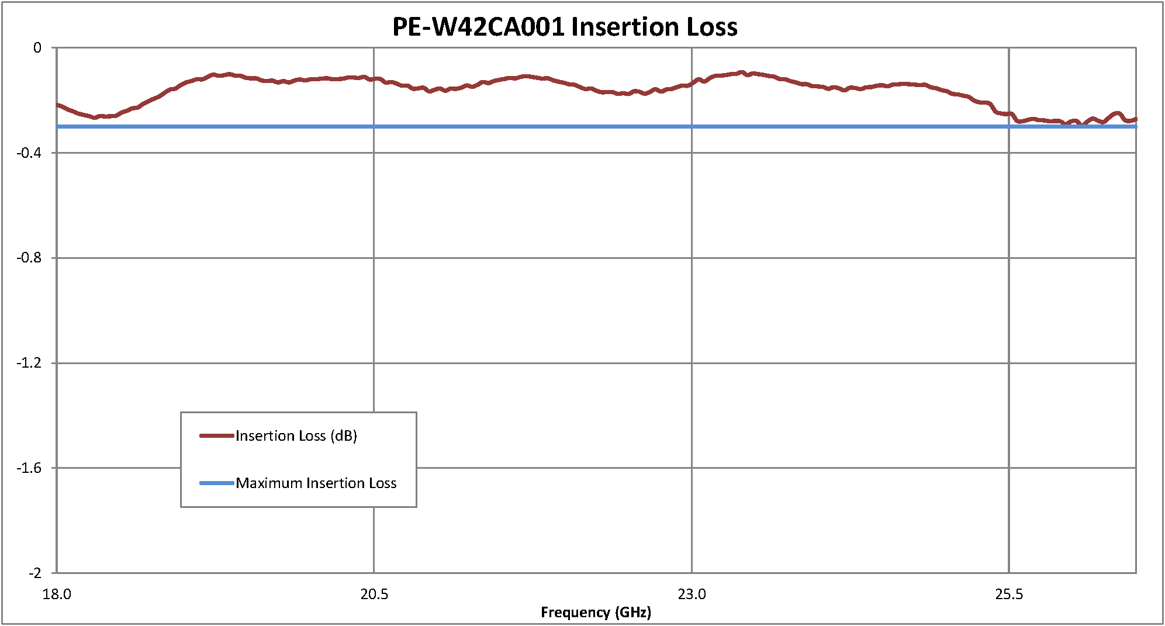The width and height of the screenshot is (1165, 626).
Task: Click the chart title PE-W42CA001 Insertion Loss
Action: pyautogui.click(x=565, y=27)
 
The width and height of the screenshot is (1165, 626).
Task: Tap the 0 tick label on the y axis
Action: pyautogui.click(x=37, y=48)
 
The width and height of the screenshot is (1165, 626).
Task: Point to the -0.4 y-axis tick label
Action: pyautogui.click(x=29, y=153)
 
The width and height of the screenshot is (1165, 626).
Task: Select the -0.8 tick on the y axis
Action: pyautogui.click(x=29, y=258)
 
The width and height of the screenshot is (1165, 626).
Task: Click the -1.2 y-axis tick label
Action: pyautogui.click(x=29, y=363)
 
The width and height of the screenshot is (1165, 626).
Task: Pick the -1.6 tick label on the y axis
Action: pyautogui.click(x=29, y=468)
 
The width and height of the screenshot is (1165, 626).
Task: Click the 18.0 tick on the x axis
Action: pyautogui.click(x=57, y=594)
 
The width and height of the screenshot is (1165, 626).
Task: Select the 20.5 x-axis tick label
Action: pyautogui.click(x=374, y=594)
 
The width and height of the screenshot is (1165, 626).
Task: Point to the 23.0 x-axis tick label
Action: pyautogui.click(x=692, y=594)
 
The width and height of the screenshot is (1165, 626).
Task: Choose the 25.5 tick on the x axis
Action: pyautogui.click(x=1009, y=594)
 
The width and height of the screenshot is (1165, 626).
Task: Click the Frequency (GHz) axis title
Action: pyautogui.click(x=596, y=612)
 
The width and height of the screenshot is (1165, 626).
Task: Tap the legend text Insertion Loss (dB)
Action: pyautogui.click(x=296, y=436)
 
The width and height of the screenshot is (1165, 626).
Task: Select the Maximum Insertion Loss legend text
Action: pyautogui.click(x=316, y=483)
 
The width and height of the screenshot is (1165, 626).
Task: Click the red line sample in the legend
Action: pyautogui.click(x=216, y=436)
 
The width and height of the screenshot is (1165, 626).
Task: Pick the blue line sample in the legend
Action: pyautogui.click(x=216, y=483)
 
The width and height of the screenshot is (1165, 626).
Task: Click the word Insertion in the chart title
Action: pyautogui.click(x=625, y=27)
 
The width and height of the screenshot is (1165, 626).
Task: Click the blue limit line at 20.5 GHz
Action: pyautogui.click(x=374, y=126)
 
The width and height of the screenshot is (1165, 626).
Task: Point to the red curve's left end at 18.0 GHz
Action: pyautogui.click(x=58, y=105)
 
